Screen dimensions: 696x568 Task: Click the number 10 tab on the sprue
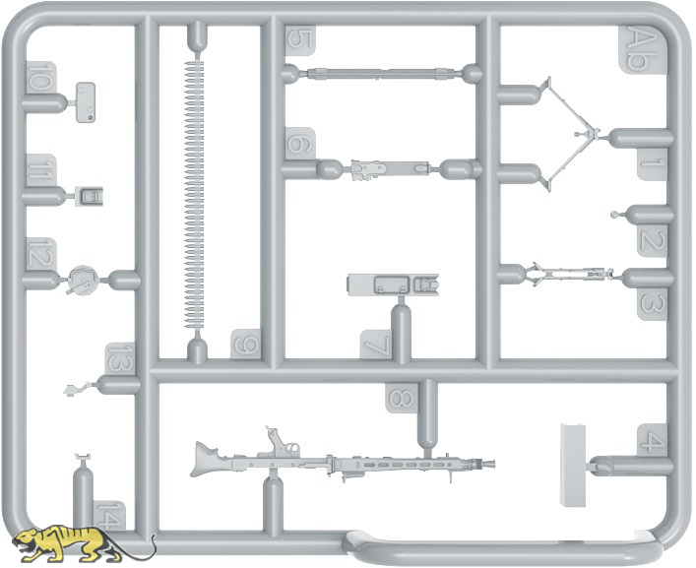(x=40, y=78)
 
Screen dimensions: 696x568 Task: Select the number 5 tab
(x=300, y=40)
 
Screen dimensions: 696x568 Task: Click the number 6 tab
(x=300, y=144)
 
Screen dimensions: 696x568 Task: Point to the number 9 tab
(x=245, y=344)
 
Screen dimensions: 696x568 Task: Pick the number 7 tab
(x=375, y=344)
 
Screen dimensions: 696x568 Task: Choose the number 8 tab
(x=402, y=399)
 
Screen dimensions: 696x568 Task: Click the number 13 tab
(x=119, y=358)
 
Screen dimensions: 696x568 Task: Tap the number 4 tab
(x=652, y=440)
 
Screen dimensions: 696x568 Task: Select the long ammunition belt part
(x=194, y=195)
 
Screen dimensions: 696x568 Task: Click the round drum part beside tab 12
(x=83, y=280)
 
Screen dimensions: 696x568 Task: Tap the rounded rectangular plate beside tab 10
(x=86, y=102)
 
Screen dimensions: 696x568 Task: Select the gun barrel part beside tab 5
(x=382, y=74)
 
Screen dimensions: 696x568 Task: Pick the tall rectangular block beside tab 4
(x=573, y=465)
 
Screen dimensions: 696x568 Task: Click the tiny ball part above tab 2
(x=614, y=215)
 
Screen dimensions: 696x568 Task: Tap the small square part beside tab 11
(x=90, y=196)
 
